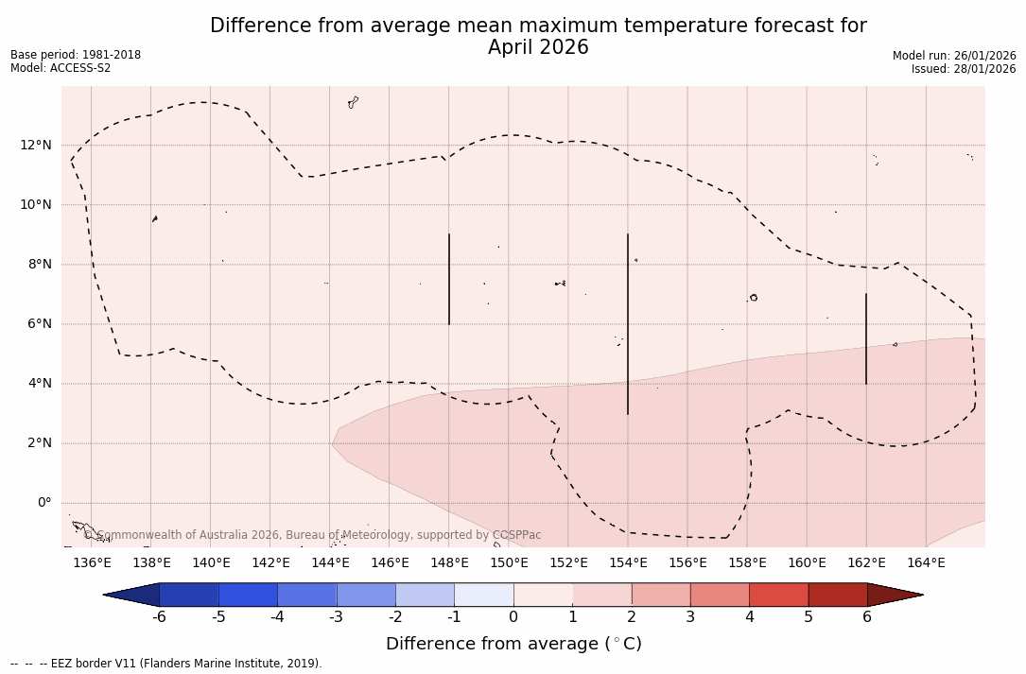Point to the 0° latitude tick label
pos(43,503)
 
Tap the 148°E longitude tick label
pos(449,563)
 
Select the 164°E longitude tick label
pos(926,563)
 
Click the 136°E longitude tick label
pos(92,563)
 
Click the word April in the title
pos(511,47)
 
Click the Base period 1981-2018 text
pos(76,55)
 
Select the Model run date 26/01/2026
pos(983,56)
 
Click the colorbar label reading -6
pos(159,617)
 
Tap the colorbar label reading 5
pos(809,617)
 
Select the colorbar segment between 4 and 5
pos(778,595)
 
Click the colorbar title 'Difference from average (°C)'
pos(513,644)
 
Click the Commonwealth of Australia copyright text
pos(312,535)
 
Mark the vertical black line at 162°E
pos(866,338)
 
